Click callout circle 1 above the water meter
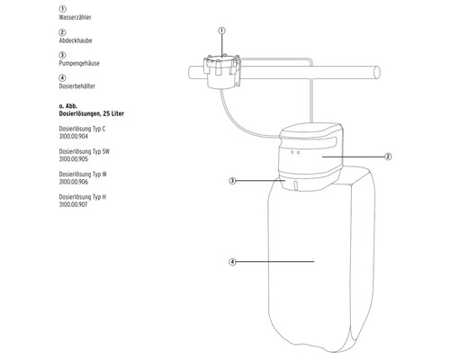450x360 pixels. (220, 31)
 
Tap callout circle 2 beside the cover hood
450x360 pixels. (388, 156)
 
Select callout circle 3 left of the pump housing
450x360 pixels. (232, 180)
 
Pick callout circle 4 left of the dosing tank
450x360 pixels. (232, 262)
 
